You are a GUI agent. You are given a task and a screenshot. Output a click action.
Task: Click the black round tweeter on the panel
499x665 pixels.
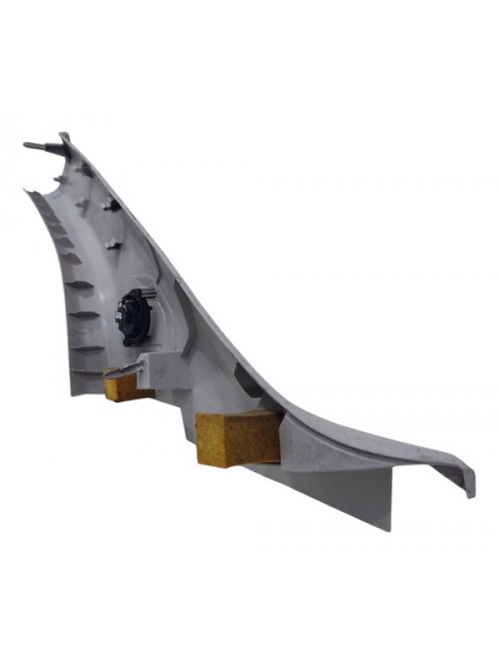coord(133,317)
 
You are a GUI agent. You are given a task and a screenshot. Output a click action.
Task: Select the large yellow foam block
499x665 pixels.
coord(237,437)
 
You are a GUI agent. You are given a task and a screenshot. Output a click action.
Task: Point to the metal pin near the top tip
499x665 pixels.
coord(37,146)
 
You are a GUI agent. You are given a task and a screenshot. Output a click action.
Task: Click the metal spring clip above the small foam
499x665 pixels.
coord(125,366)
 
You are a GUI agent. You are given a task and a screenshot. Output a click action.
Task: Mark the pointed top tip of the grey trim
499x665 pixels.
coord(64,134)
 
